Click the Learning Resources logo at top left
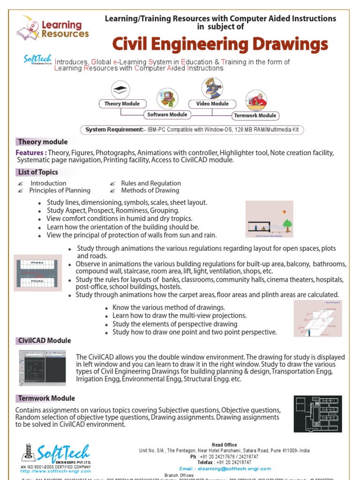[x=52, y=28]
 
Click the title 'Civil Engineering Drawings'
[x=220, y=45]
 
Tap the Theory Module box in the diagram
[x=122, y=104]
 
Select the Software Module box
[x=167, y=115]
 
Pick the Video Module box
[x=212, y=104]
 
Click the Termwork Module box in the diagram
[x=255, y=115]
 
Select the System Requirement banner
[x=192, y=130]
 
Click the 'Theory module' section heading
[x=42, y=142]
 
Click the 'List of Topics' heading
[x=45, y=172]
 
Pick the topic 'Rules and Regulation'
[x=150, y=183]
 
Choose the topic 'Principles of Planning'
[x=60, y=190]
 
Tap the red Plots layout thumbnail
[x=37, y=272]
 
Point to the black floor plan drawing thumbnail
[x=317, y=414]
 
